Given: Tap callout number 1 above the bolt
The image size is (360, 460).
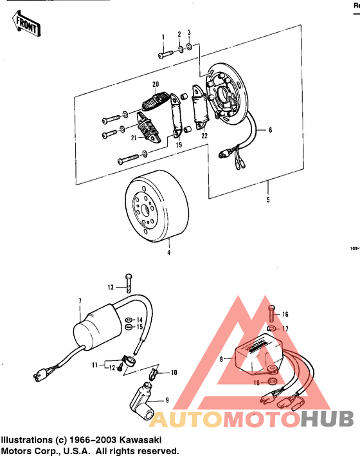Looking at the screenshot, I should tap(163, 37).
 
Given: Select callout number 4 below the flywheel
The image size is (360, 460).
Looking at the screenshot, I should tap(169, 253).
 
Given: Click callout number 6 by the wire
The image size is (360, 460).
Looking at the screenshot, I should tap(270, 130).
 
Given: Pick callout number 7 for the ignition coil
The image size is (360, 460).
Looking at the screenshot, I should tap(80, 301).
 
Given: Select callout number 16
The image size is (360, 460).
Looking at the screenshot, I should tap(285, 315).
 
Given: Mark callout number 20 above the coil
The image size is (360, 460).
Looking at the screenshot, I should tap(155, 84).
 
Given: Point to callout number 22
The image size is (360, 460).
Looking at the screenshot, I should tap(204, 135).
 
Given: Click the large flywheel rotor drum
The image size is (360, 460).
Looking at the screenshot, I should tap(157, 211).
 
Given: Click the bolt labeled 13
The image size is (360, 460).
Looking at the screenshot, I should tap(129, 284).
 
